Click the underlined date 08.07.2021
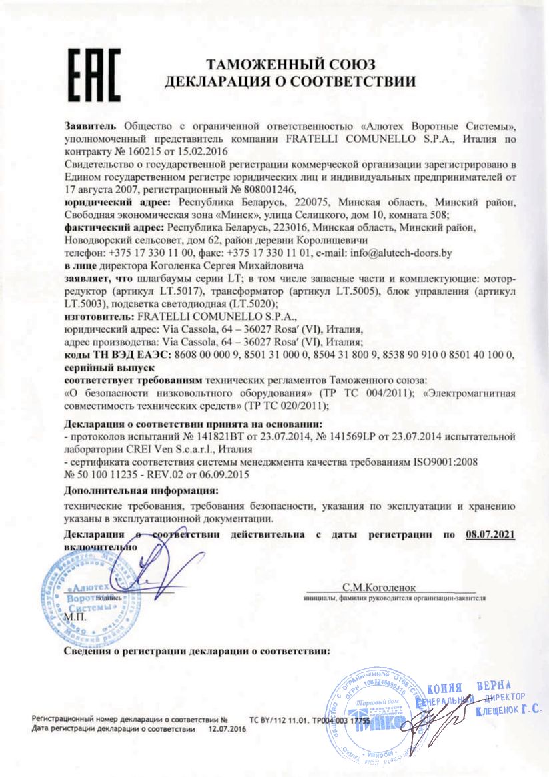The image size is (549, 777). (x=485, y=534)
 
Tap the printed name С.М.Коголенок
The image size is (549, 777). (x=378, y=588)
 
